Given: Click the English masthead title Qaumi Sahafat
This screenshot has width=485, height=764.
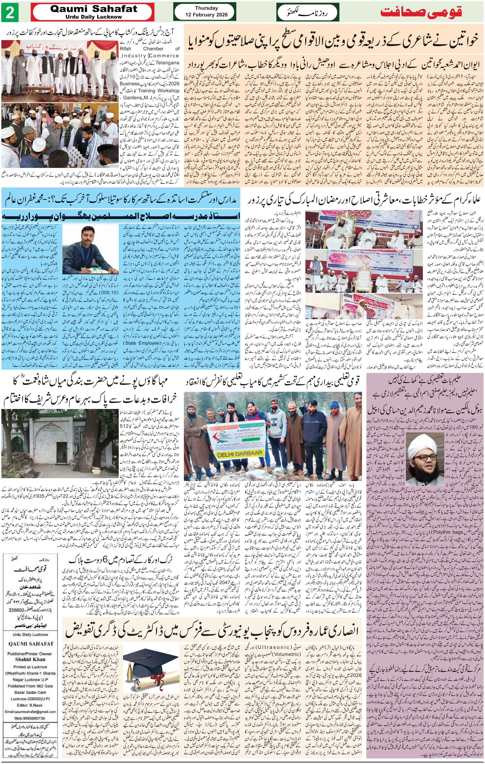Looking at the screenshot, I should [94, 9].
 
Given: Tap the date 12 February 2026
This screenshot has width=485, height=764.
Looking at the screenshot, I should [207, 15].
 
